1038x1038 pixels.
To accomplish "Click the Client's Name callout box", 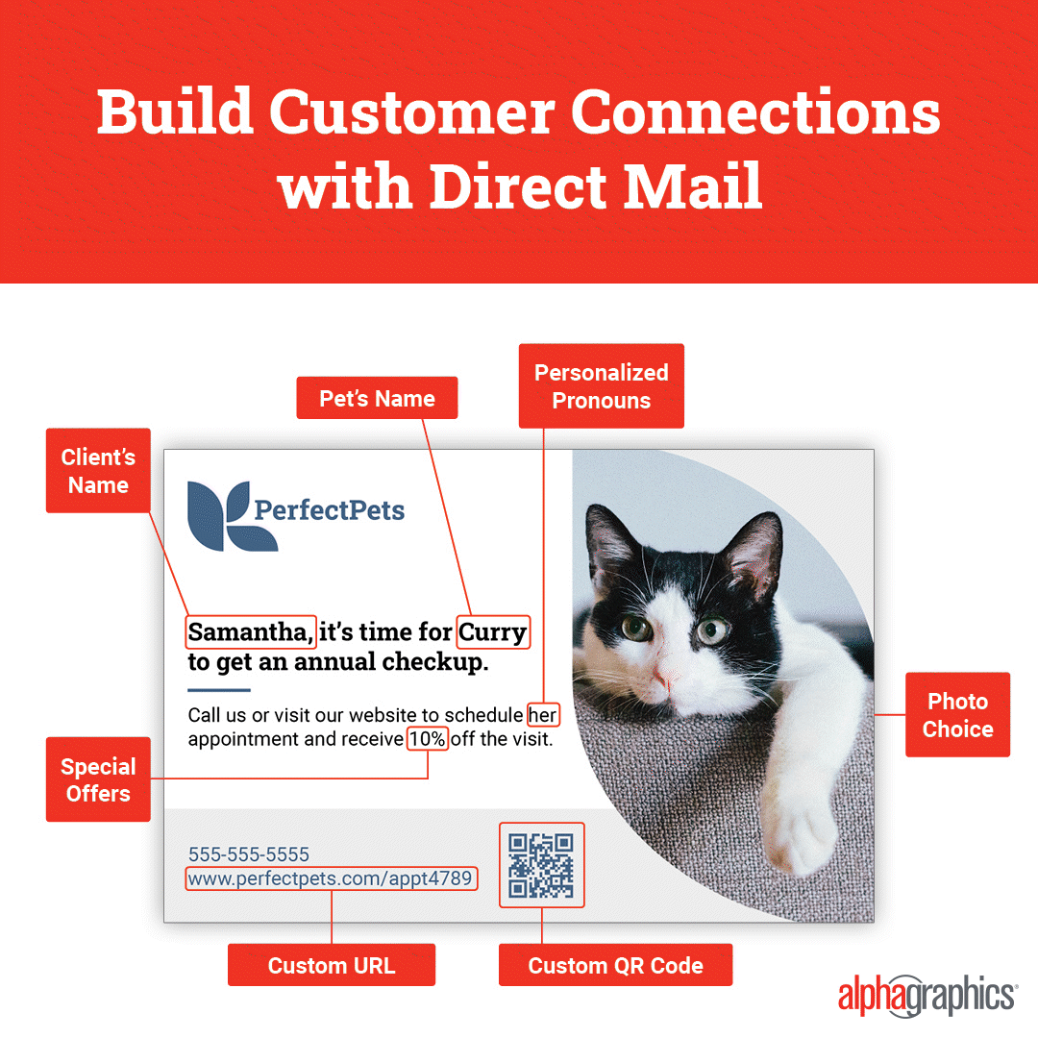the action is point(98,471).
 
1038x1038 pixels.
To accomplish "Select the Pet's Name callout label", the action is point(377,398).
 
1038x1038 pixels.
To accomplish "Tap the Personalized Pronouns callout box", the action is point(601,386).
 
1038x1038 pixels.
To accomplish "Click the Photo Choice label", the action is point(957,715).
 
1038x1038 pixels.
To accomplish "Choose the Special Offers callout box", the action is point(98,779).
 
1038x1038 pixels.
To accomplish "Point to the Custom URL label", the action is point(331,965).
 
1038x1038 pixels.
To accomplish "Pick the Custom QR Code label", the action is point(615,965).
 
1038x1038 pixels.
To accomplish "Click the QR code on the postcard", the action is point(541,865).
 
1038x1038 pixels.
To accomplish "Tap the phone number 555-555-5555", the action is point(248,854).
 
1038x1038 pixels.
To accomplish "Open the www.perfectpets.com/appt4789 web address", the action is point(331,878).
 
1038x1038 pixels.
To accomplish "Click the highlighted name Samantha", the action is point(250,632).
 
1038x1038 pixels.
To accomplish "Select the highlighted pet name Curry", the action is point(492,632).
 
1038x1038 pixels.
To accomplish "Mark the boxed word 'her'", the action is point(543,715).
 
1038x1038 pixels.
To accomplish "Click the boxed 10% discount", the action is point(427,739).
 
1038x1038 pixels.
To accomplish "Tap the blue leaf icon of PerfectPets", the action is point(232,516).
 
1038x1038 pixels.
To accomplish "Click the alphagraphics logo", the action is point(927,995).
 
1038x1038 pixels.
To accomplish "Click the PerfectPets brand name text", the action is point(329,510).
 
